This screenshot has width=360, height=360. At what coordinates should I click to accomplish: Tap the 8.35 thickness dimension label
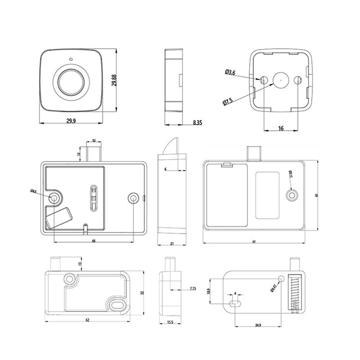pyautogui.click(x=197, y=123)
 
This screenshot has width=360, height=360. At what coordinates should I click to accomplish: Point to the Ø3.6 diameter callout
pyautogui.click(x=230, y=73)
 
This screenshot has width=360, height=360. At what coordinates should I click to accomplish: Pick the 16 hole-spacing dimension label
pyautogui.click(x=281, y=128)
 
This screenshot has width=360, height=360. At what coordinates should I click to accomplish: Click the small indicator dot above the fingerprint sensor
pyautogui.click(x=71, y=60)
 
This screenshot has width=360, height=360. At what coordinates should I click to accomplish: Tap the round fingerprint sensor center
pyautogui.click(x=71, y=81)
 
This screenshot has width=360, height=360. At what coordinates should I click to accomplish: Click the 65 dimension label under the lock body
pyautogui.click(x=94, y=241)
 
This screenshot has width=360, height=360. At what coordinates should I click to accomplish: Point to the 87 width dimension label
pyautogui.click(x=254, y=242)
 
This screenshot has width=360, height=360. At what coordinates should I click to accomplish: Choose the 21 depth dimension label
pyautogui.click(x=172, y=244)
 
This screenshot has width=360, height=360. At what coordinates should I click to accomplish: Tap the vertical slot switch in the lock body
pyautogui.click(x=93, y=197)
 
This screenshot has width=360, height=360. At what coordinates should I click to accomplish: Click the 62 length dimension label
pyautogui.click(x=87, y=320)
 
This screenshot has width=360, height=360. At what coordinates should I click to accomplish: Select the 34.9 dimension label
pyautogui.click(x=258, y=325)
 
